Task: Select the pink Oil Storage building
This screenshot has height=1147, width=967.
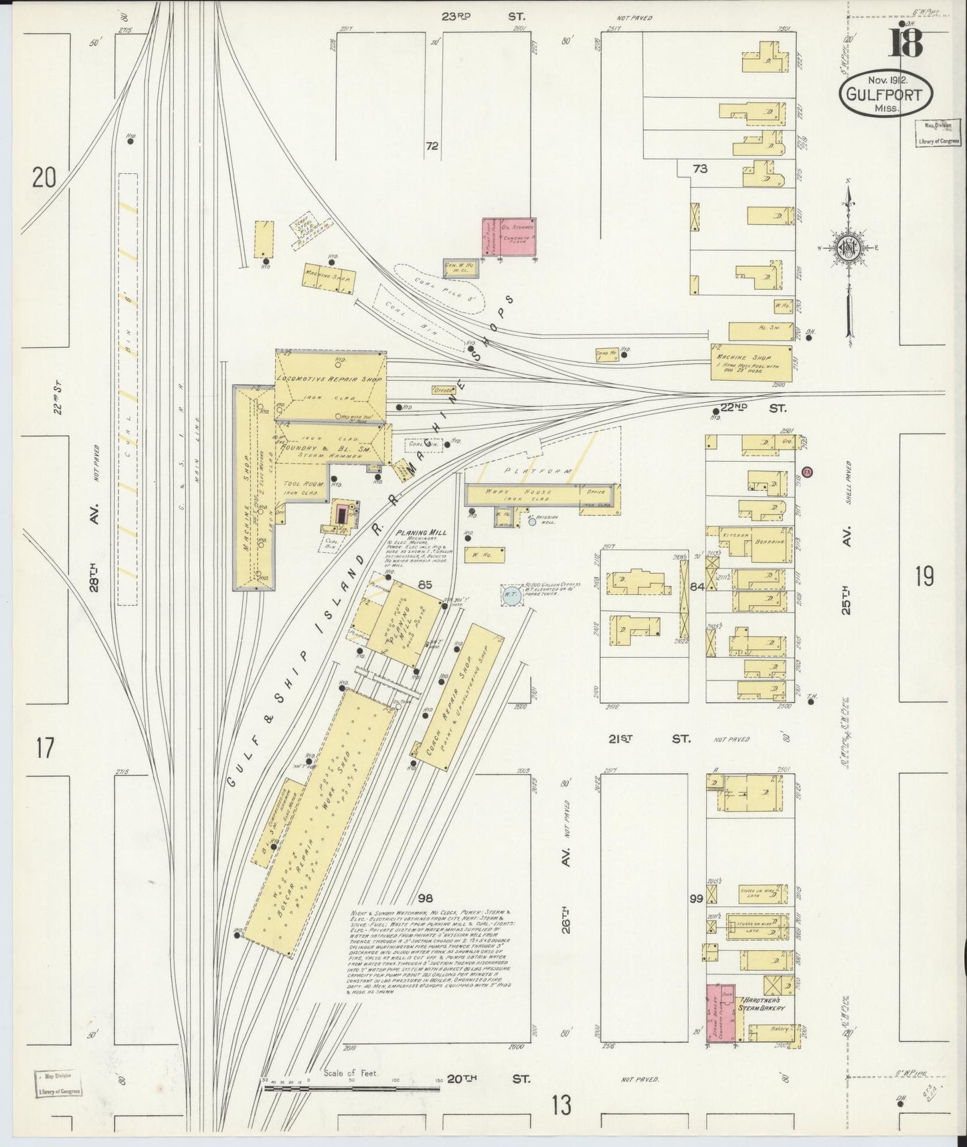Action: tap(509, 237)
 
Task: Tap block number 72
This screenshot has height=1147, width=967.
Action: tap(432, 146)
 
